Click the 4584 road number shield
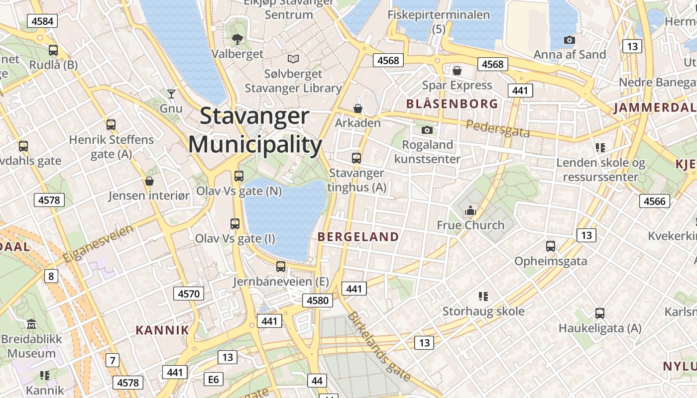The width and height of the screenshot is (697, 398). coord(42,21)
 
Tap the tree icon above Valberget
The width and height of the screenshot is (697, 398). coord(237,38)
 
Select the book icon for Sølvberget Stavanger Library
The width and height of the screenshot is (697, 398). coord(293,59)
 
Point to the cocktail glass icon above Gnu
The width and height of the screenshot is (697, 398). coord(171,93)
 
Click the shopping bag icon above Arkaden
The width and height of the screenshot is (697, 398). coord(357,108)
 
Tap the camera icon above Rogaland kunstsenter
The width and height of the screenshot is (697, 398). coord(427,130)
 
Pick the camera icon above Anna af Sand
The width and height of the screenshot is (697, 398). coord(569,40)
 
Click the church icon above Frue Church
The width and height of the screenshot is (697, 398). coord(470,211)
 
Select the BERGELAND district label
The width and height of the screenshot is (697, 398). coord(358,237)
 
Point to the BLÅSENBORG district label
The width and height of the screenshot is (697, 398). coord(452,104)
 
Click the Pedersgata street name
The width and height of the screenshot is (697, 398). coord(498,129)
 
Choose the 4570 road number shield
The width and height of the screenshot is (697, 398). coord(189,294)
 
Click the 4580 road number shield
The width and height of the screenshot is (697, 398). coord(318,300)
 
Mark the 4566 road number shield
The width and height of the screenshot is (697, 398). coord(654,201)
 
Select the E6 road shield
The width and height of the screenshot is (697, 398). coord(213,380)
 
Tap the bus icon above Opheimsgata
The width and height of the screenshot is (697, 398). coord(550,246)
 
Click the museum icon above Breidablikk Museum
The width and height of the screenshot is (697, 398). coord(31,324)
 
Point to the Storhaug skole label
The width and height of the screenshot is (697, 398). coord(483,311)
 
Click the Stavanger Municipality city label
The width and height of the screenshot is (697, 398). coord(255,130)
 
